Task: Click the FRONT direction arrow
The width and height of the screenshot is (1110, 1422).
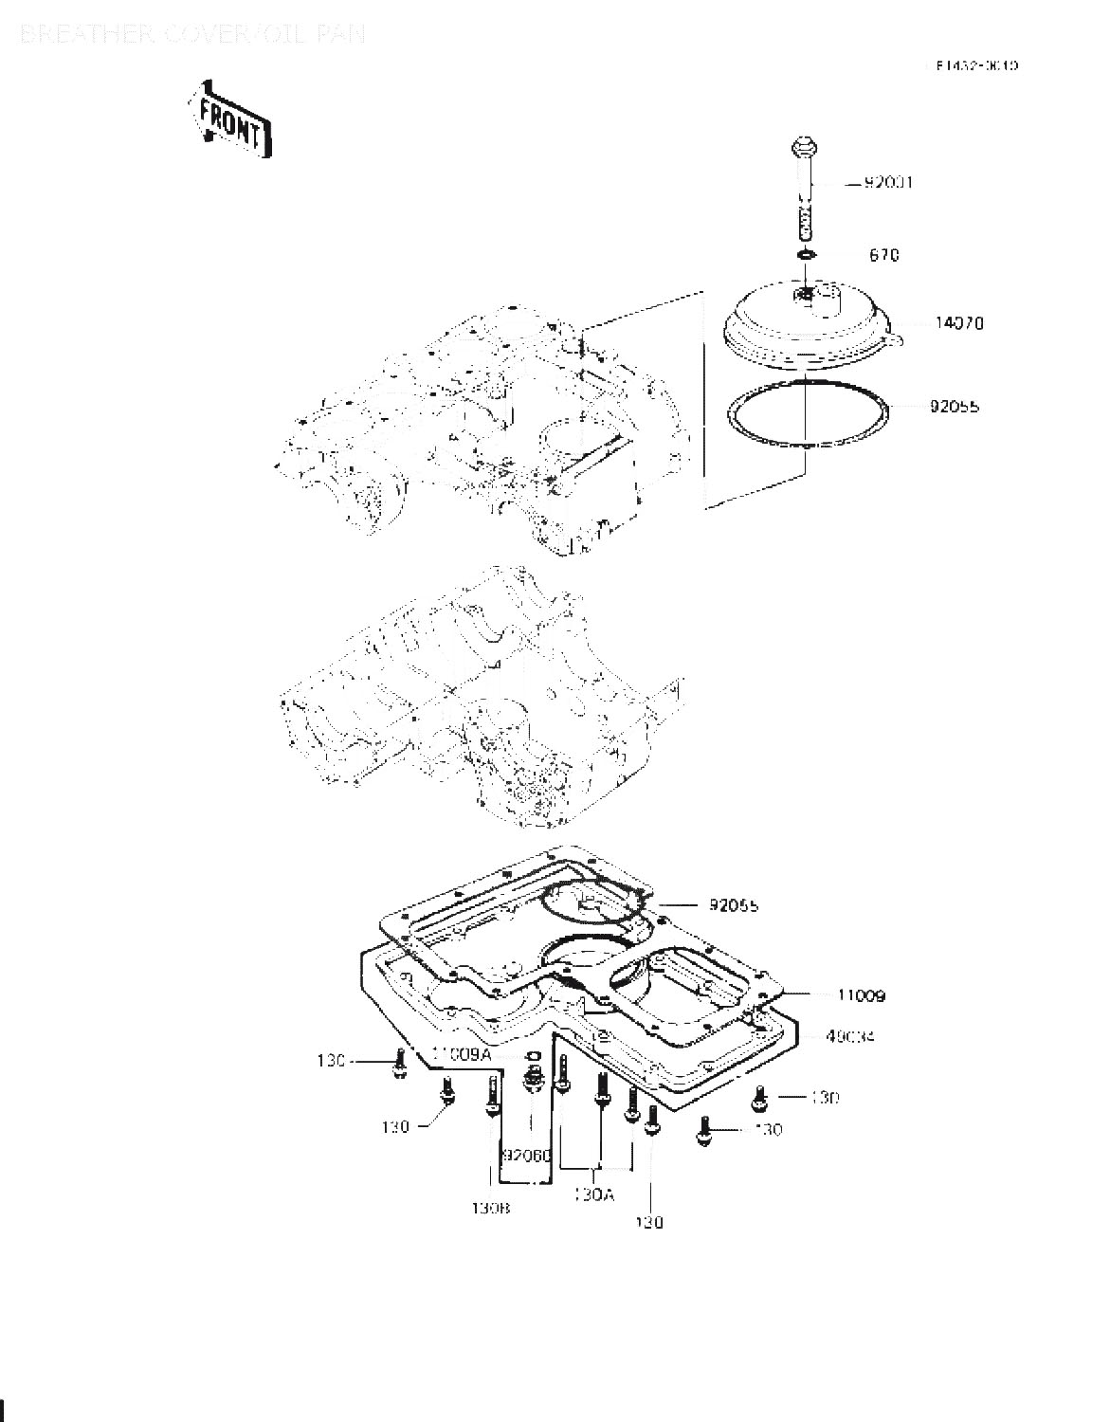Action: click(x=231, y=118)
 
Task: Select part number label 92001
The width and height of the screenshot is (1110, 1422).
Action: click(x=887, y=182)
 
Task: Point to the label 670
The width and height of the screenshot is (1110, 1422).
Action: click(x=883, y=255)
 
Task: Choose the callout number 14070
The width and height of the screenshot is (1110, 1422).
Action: click(x=959, y=323)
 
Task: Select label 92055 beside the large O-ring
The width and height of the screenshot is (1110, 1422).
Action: click(x=955, y=407)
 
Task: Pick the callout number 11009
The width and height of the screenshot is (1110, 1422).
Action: click(x=862, y=996)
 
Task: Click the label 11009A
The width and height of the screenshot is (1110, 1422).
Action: click(x=462, y=1053)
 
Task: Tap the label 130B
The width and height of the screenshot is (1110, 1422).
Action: click(x=492, y=1209)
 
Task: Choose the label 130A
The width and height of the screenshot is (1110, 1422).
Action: click(x=594, y=1195)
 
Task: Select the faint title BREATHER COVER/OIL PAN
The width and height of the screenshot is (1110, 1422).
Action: click(x=191, y=36)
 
